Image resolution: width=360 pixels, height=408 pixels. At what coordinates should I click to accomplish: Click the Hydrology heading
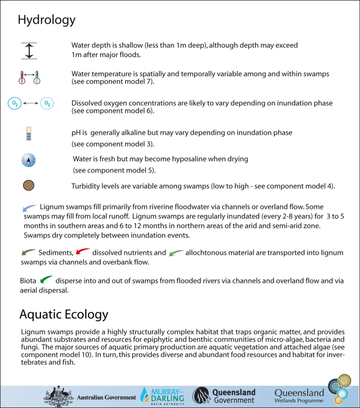46,20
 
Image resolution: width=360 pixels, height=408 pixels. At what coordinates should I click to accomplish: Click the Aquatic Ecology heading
64,314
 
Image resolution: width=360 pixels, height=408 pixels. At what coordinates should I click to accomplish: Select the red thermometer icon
22,77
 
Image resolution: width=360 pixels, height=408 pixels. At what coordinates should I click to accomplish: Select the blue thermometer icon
38,77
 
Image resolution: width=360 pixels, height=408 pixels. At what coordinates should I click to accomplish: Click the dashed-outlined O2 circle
47,103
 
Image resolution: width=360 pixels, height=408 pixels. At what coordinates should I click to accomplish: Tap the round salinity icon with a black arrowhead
28,160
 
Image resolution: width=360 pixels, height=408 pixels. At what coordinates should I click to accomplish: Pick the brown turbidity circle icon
29,185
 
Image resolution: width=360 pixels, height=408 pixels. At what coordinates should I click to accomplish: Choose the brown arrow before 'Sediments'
28,252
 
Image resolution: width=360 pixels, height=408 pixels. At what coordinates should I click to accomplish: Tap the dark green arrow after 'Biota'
46,280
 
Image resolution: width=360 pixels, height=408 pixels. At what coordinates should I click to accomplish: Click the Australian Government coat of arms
59,396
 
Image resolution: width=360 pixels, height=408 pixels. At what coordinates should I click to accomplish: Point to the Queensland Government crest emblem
201,396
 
